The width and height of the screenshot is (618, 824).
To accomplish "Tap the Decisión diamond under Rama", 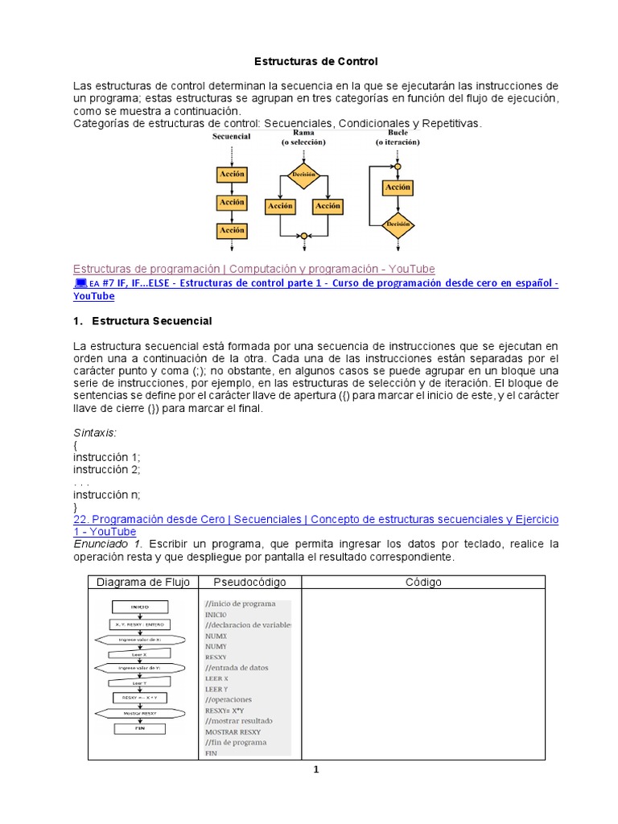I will tap(303, 175).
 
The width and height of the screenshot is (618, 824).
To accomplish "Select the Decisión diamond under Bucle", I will tap(398, 225).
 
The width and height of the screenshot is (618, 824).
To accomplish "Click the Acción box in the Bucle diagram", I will tap(398, 187).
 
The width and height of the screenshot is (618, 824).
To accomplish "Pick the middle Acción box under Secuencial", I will tap(232, 203).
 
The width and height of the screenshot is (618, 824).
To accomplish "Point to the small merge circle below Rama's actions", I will tap(303, 237).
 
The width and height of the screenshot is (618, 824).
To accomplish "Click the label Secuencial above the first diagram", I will tap(231, 137).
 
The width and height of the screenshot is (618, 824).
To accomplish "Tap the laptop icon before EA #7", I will tap(80, 283).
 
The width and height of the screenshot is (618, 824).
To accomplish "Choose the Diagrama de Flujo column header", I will tap(142, 582).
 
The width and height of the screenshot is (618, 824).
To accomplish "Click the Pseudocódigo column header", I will tap(249, 582).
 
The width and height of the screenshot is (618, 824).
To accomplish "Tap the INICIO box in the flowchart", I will tap(139, 607).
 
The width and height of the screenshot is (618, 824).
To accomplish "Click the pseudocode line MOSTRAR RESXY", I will tap(233, 732).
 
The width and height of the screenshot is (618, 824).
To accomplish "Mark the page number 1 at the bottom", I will tap(316, 770).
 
